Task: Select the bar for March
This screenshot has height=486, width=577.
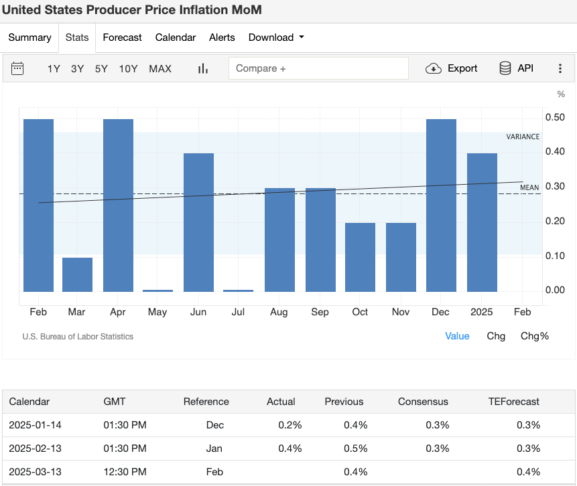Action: (78, 274)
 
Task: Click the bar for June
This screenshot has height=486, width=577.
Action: (198, 222)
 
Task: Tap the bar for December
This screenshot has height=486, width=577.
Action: (441, 206)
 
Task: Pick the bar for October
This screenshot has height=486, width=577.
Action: (360, 257)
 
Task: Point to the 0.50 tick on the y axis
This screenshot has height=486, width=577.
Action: (554, 118)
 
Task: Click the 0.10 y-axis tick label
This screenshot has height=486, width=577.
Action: (554, 256)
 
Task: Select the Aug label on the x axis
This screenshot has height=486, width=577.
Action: (279, 312)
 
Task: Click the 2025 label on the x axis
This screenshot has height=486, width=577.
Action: (481, 312)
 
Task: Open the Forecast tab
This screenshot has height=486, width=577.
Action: (122, 37)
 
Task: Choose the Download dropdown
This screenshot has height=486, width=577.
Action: (275, 37)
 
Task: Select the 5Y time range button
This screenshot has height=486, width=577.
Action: (101, 68)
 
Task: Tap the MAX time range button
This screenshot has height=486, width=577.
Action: (160, 68)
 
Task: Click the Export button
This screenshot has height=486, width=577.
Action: (452, 68)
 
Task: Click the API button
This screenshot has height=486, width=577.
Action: (516, 68)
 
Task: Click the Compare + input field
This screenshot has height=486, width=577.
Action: (318, 68)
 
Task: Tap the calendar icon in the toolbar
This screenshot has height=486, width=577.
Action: (17, 68)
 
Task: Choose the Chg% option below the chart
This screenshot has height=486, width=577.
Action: (534, 336)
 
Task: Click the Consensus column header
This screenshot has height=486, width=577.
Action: (423, 402)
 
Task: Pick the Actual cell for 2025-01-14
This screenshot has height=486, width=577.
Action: (290, 425)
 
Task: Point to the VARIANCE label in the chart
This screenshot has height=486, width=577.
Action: (522, 137)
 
